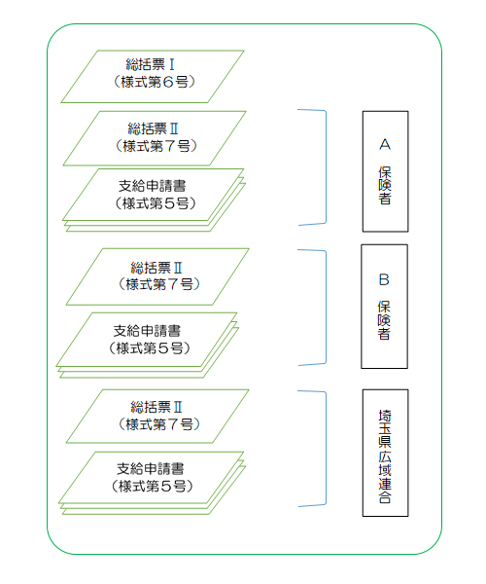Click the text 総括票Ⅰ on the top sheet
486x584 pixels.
pyautogui.click(x=151, y=65)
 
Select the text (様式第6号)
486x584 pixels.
pyautogui.click(x=154, y=82)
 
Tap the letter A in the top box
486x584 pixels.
pyautogui.click(x=385, y=144)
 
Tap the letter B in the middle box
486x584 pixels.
pyautogui.click(x=384, y=279)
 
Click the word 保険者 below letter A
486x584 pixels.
pyautogui.click(x=385, y=186)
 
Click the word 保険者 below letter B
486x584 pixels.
pyautogui.click(x=384, y=320)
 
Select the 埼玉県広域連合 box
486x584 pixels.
pyautogui.click(x=385, y=453)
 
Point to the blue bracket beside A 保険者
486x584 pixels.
pyautogui.click(x=326, y=167)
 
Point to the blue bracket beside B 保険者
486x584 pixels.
pyautogui.click(x=326, y=308)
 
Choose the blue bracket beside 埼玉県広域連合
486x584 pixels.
pyautogui.click(x=326, y=449)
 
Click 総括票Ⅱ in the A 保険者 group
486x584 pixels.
pyautogui.click(x=153, y=128)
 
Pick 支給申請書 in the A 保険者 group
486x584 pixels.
pyautogui.click(x=152, y=186)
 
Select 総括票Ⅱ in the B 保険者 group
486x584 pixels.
pyautogui.click(x=156, y=268)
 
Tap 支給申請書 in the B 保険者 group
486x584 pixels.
pyautogui.click(x=147, y=331)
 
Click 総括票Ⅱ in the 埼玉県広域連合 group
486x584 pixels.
pyautogui.click(x=156, y=407)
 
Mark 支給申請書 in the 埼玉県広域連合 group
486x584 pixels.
pyautogui.click(x=151, y=469)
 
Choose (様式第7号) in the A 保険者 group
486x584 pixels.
pyautogui.click(x=156, y=146)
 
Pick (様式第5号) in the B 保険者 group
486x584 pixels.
pyautogui.click(x=150, y=348)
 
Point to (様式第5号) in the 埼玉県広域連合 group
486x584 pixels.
pyautogui.click(x=152, y=486)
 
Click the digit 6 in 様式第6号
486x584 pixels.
pyautogui.click(x=168, y=82)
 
